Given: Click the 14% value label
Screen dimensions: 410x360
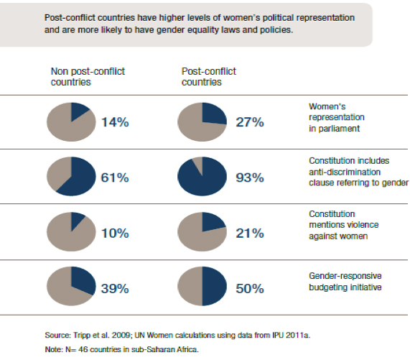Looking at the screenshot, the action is click(115, 122).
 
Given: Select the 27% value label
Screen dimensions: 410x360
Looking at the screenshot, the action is click(250, 122).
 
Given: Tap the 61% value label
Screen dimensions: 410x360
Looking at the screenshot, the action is click(115, 177).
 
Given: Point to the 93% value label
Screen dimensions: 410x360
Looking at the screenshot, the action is click(250, 177).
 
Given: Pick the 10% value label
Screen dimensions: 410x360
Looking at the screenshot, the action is click(115, 233).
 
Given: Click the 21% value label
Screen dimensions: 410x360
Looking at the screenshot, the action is click(250, 233).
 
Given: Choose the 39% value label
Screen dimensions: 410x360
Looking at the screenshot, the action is click(115, 289).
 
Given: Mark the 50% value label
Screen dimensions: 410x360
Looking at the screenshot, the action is click(250, 289).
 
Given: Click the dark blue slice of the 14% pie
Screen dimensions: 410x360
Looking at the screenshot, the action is click(78, 111).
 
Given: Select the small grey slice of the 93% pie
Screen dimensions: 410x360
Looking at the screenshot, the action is click(199, 164).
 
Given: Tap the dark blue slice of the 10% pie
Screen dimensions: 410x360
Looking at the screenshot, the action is click(76, 220).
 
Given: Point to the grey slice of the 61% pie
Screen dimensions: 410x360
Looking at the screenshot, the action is click(57, 172).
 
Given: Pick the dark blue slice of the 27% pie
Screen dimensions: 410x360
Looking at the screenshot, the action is click(213, 113).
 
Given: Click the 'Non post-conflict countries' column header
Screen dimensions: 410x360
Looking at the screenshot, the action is click(88, 77).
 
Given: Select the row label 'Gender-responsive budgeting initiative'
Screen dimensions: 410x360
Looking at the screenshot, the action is click(345, 282).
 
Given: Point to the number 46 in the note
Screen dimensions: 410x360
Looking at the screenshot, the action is click(83, 349).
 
